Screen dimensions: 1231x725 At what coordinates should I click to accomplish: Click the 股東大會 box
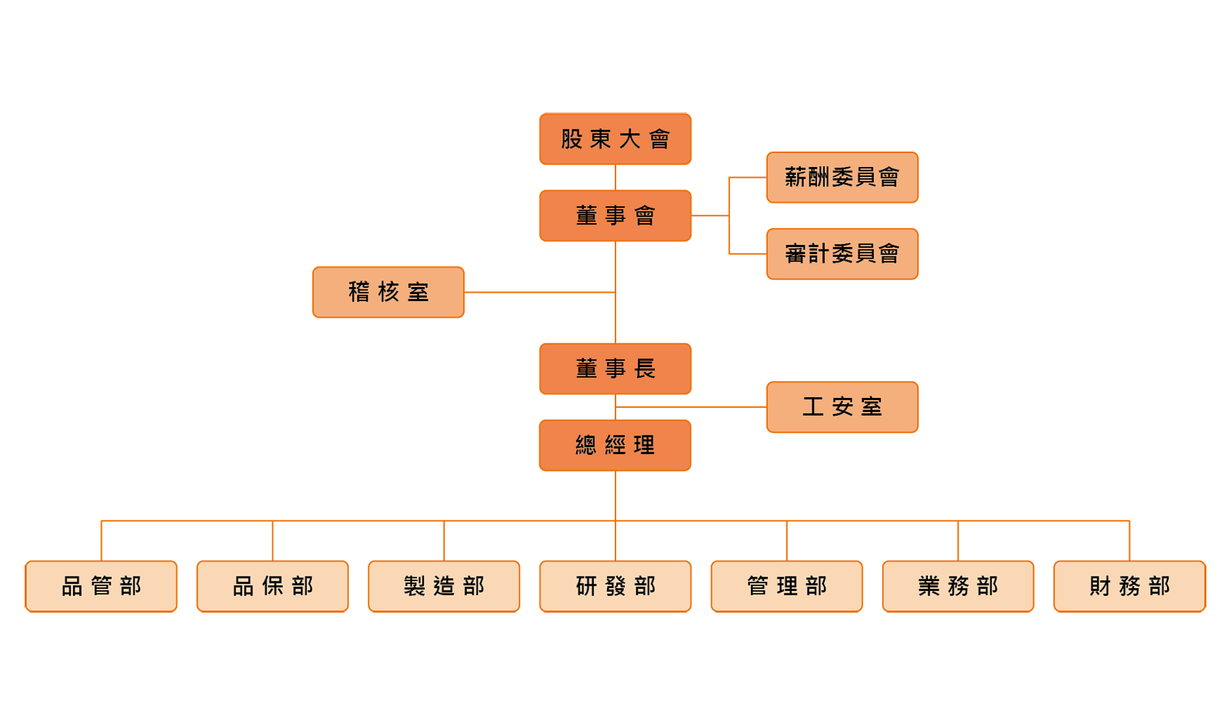(615, 139)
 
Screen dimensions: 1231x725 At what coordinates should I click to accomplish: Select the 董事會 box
(615, 215)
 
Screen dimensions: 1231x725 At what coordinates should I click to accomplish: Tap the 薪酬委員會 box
(842, 178)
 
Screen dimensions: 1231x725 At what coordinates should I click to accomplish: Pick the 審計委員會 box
(842, 254)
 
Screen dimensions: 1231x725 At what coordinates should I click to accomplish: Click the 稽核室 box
(388, 292)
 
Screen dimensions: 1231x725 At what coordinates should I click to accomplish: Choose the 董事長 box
(615, 369)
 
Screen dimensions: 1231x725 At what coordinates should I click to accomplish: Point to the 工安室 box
(842, 407)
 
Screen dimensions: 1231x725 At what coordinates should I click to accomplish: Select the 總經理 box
(615, 445)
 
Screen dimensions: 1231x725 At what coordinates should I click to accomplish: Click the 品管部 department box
(101, 586)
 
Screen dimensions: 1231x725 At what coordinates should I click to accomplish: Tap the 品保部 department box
(272, 586)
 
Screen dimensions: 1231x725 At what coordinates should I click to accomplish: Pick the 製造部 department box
(444, 586)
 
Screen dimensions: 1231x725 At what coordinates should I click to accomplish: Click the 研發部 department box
(615, 586)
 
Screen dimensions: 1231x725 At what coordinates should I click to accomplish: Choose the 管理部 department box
(786, 586)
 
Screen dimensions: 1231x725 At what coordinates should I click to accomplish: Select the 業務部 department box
(958, 586)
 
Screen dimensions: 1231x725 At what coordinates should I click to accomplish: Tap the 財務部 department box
(1129, 586)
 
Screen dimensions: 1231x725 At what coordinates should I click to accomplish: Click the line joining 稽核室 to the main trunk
(539, 292)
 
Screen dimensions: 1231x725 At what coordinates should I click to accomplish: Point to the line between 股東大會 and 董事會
(615, 177)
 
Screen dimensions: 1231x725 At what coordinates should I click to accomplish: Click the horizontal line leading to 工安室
(691, 407)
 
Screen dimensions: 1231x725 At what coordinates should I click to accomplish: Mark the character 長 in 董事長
(645, 369)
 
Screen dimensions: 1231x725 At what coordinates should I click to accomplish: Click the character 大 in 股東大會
(630, 139)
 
